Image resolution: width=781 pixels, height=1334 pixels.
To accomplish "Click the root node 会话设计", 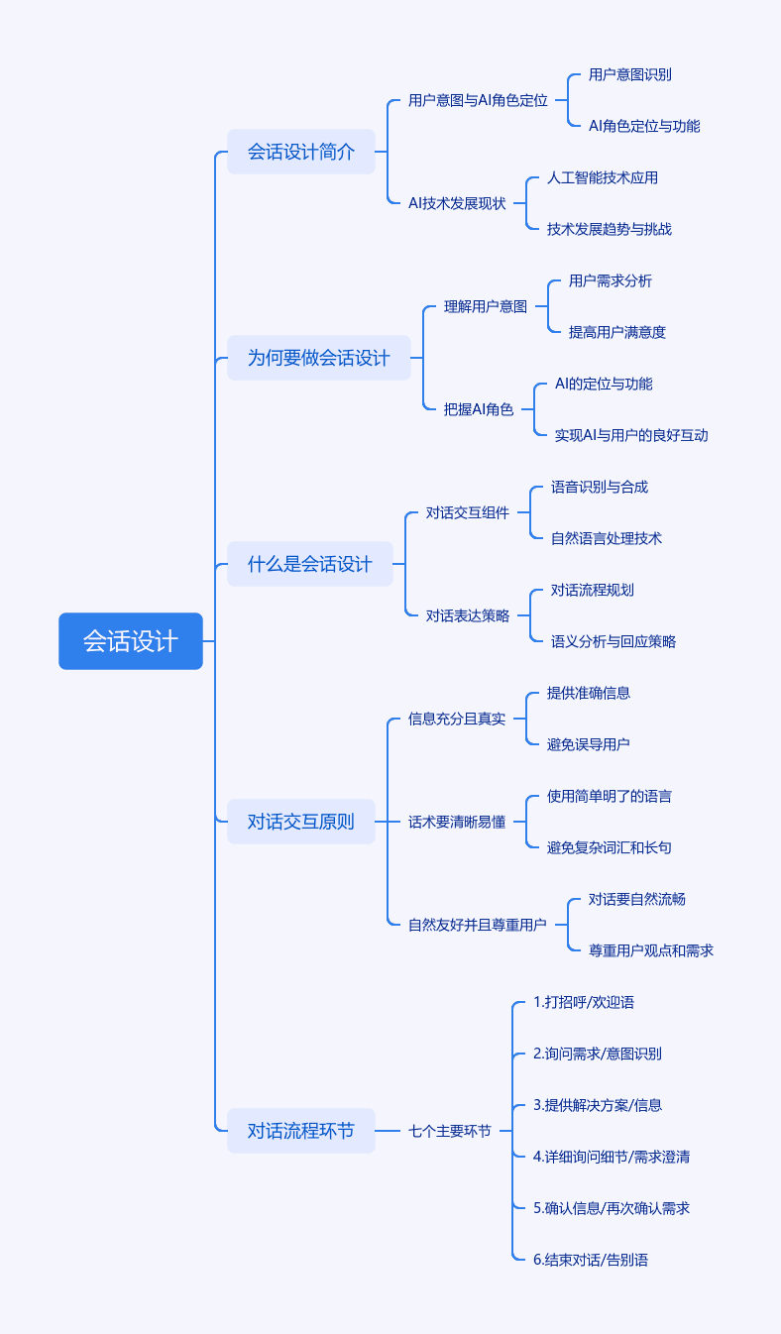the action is [131, 641].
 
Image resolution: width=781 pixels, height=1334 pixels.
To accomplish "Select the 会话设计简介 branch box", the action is [301, 152].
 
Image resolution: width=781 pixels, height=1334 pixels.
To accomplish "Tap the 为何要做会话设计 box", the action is [319, 358].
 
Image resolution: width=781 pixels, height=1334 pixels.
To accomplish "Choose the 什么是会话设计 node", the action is [310, 564].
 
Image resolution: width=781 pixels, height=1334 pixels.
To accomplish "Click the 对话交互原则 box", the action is [301, 822].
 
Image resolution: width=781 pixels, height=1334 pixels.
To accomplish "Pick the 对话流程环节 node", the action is [301, 1131].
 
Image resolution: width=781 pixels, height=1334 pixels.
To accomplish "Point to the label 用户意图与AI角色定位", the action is [478, 101].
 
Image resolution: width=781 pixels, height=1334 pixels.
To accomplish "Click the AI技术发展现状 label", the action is [457, 204].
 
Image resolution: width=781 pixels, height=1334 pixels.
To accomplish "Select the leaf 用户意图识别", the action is [629, 75].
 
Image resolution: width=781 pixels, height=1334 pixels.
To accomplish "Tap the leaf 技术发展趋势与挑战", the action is [609, 229].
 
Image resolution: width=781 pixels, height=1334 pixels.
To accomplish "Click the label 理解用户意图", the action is [486, 306].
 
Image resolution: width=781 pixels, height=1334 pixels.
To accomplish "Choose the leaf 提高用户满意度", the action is [616, 332].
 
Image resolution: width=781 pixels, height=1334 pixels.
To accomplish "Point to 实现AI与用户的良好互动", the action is [631, 435].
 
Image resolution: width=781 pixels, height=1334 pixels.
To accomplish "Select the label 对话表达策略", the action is [468, 615].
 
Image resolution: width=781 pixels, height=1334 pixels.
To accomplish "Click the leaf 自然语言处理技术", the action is [606, 538].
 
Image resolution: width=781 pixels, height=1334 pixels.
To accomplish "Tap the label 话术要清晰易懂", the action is [457, 822].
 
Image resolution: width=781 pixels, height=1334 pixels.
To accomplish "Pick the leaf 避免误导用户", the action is [588, 744].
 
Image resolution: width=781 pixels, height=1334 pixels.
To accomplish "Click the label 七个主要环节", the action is [450, 1131].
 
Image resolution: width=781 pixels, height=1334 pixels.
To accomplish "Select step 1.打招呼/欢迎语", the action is [583, 1002].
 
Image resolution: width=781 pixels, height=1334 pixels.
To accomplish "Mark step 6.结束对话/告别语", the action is [591, 1260].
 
